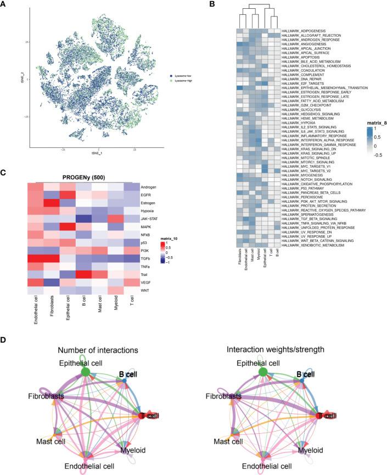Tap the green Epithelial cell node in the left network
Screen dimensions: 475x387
coord(86,372)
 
